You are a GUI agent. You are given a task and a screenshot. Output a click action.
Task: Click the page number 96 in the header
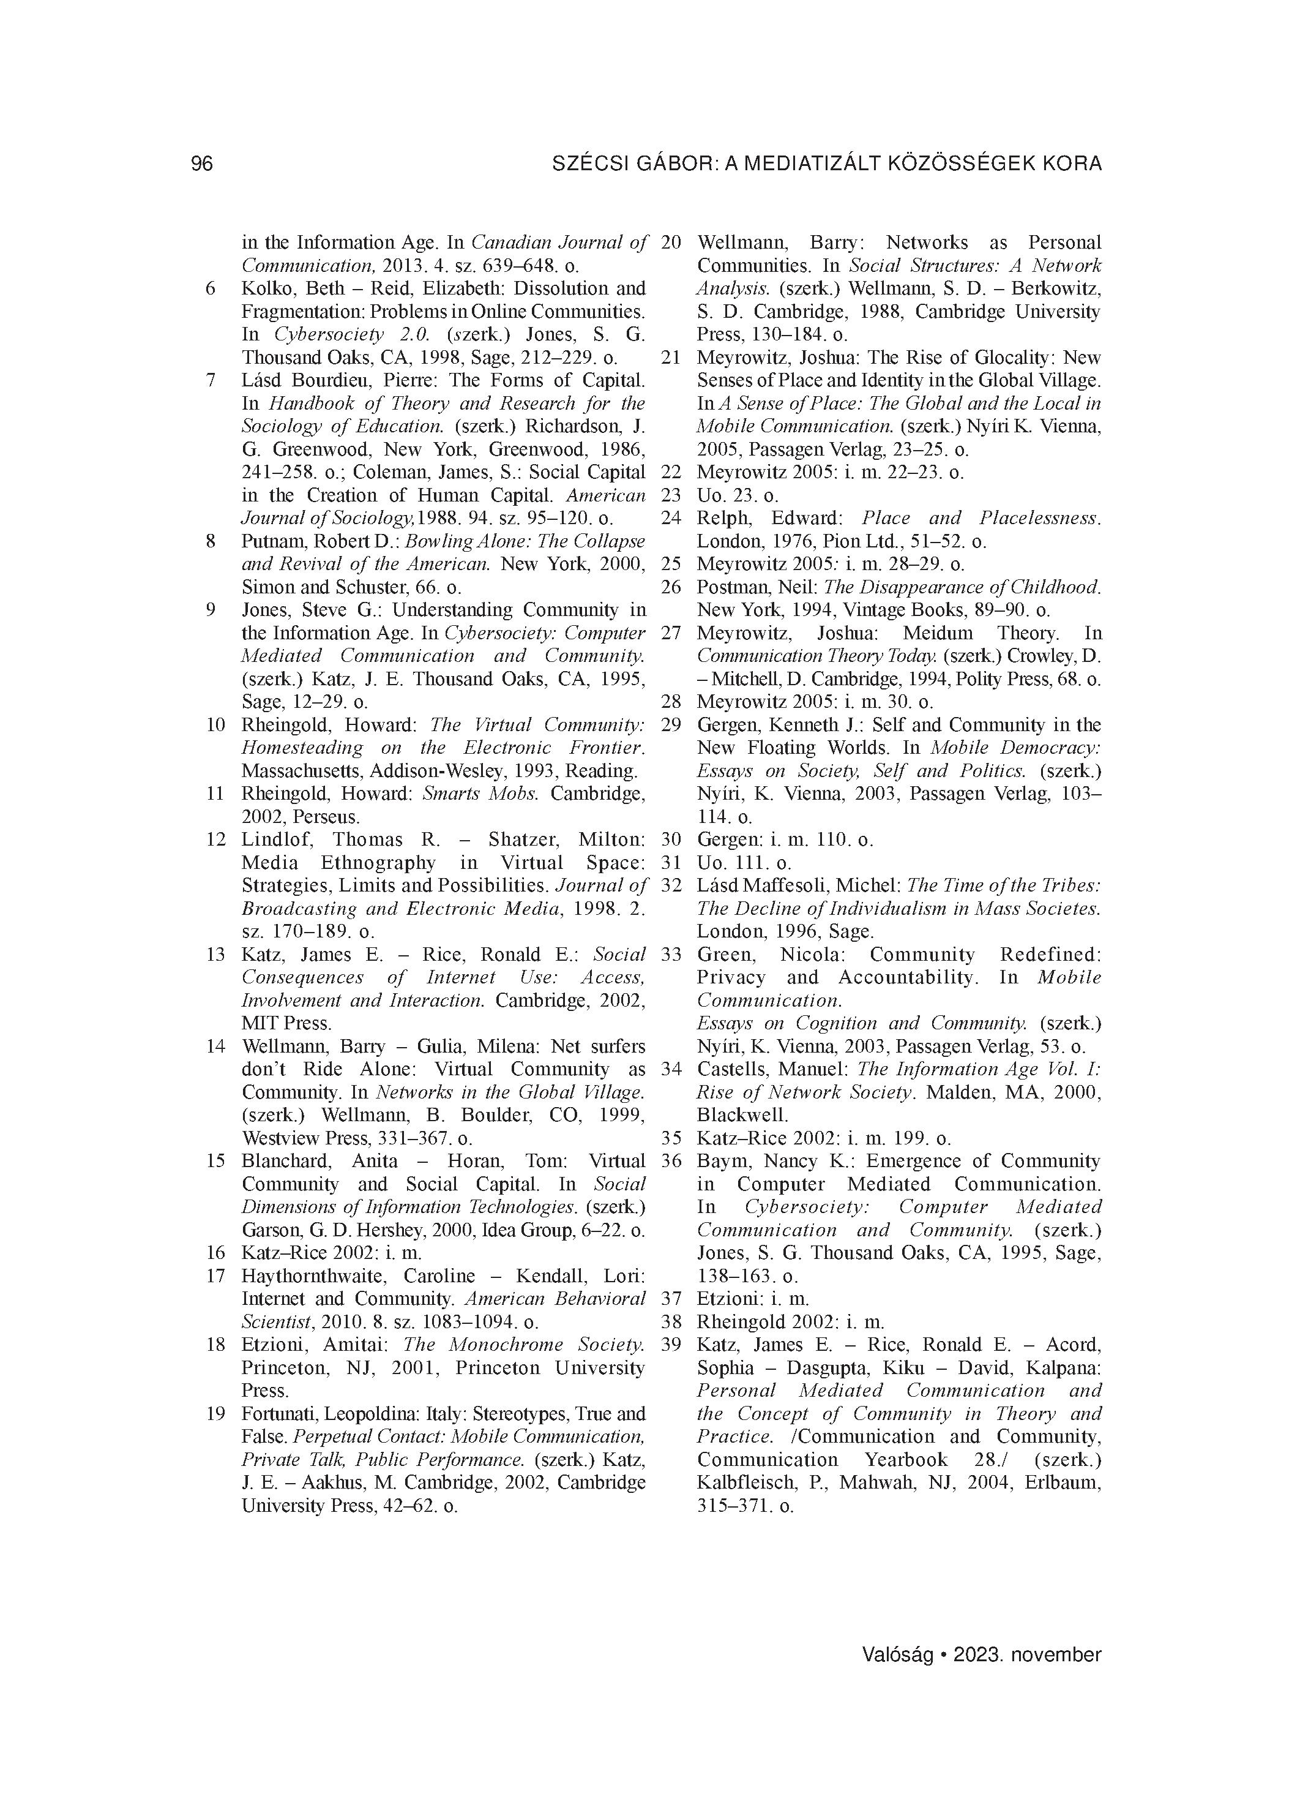pyautogui.click(x=203, y=163)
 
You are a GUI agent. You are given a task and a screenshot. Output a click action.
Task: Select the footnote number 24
pyautogui.click(x=671, y=519)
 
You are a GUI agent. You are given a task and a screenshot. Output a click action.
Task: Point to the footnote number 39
pyautogui.click(x=671, y=1345)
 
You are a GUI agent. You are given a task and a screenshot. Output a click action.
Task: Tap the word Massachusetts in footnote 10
pyautogui.click(x=301, y=772)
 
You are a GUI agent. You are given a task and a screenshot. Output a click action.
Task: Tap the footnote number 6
pyautogui.click(x=211, y=289)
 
